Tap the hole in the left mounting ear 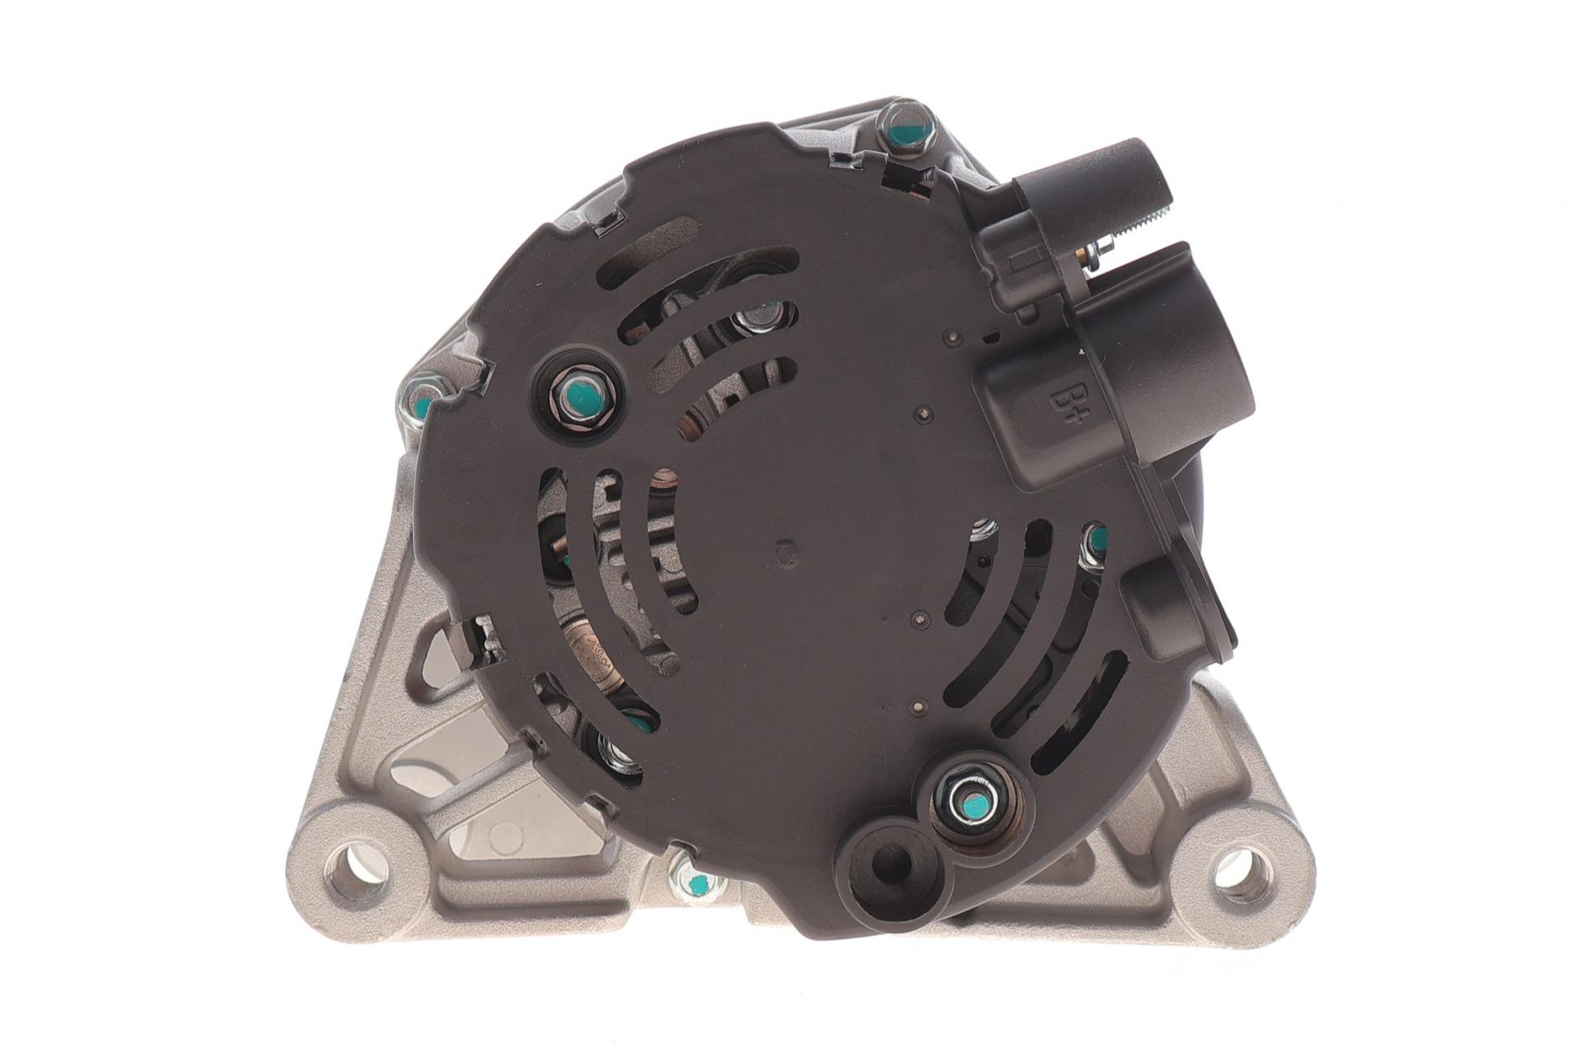tap(355, 873)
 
